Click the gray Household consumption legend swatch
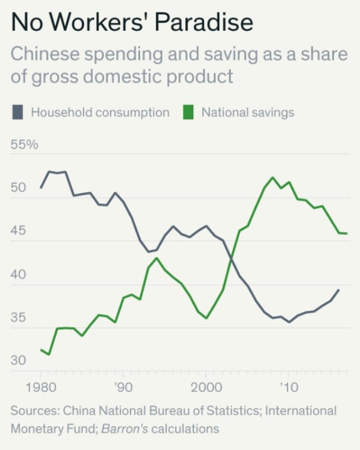pos(18,113)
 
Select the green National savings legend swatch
pos(188,113)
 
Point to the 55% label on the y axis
pos(24,145)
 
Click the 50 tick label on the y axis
pos(18,188)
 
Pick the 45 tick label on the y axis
pos(18,231)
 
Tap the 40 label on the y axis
pos(18,275)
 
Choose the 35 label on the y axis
pos(18,317)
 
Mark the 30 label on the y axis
pos(18,361)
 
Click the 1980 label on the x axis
pos(40,388)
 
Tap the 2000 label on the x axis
pos(206,388)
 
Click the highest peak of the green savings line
pos(272,178)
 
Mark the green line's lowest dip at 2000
pos(206,318)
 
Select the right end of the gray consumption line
pos(339,290)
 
